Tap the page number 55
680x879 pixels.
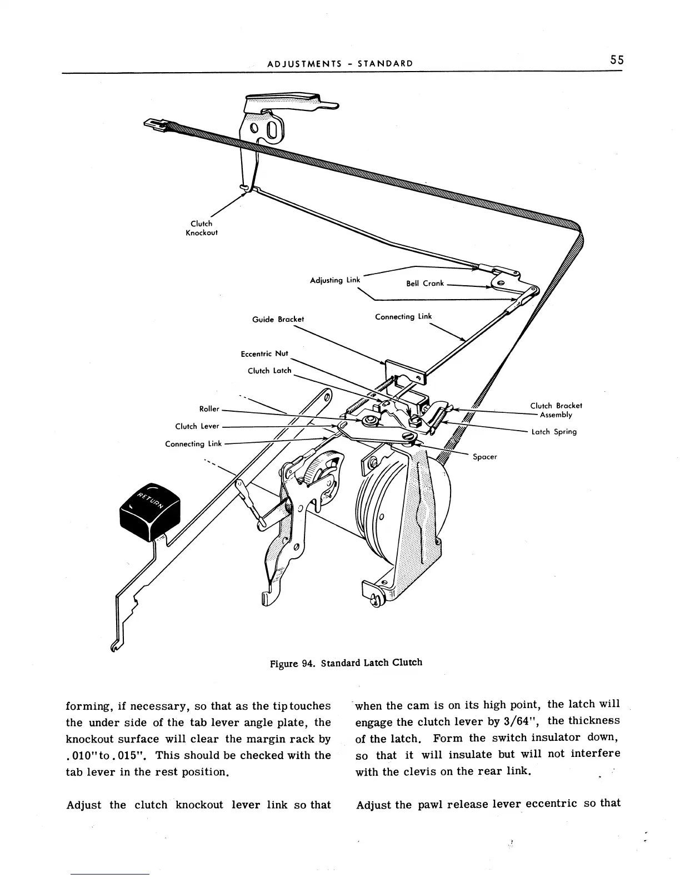(x=616, y=60)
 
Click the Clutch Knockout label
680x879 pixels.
(x=201, y=228)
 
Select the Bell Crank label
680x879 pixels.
(x=424, y=284)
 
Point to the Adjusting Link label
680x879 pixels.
(x=334, y=280)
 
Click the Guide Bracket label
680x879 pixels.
(x=278, y=320)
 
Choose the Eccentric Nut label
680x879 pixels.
(x=264, y=354)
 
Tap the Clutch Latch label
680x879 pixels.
(x=269, y=371)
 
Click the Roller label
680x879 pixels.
(x=209, y=409)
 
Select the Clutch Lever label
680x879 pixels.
(x=197, y=426)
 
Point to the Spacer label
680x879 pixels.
(x=484, y=457)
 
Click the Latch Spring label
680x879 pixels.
(x=554, y=432)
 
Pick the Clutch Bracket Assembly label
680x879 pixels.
(x=556, y=410)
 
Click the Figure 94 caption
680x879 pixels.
(x=346, y=663)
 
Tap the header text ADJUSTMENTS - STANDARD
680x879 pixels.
(x=340, y=63)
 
